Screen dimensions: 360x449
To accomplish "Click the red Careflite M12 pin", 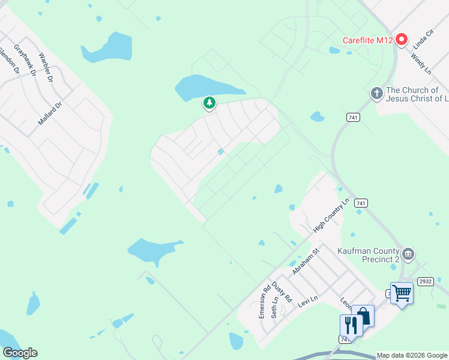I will pyautogui.click(x=401, y=40).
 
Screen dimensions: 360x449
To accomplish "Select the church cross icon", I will pyautogui.click(x=376, y=93).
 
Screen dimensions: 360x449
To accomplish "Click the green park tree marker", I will pyautogui.click(x=209, y=103).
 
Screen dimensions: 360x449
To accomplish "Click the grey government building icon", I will pyautogui.click(x=409, y=253).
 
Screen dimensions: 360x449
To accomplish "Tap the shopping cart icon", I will pyautogui.click(x=402, y=293).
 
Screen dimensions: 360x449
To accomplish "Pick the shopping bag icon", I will pyautogui.click(x=363, y=316).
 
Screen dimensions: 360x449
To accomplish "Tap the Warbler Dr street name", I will pyautogui.click(x=46, y=68).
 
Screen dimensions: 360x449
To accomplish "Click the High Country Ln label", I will pyautogui.click(x=331, y=215).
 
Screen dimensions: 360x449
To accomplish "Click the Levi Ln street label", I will pyautogui.click(x=307, y=301).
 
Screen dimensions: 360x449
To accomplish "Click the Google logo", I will pyautogui.click(x=20, y=353).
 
